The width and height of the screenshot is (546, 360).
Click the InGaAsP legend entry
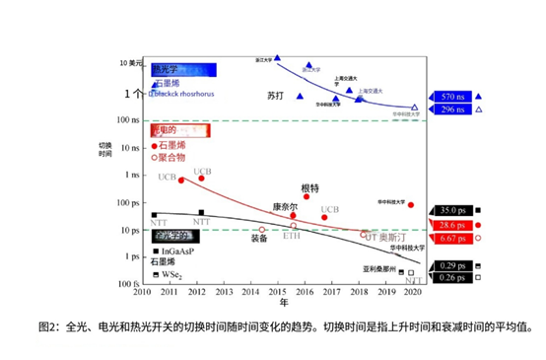pyautogui.click(x=173, y=252)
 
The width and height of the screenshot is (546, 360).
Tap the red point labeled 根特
pyautogui.click(x=307, y=196)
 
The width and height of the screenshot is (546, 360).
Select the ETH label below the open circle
pyautogui.click(x=292, y=237)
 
